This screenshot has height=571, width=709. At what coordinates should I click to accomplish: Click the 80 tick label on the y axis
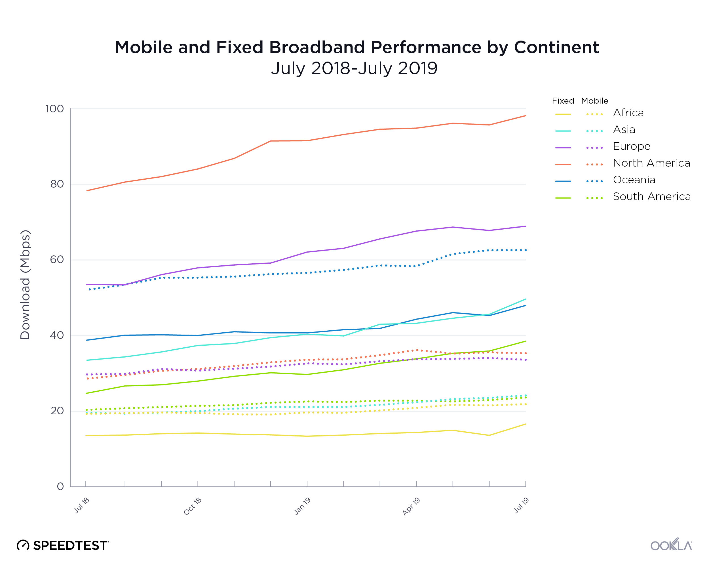(x=57, y=184)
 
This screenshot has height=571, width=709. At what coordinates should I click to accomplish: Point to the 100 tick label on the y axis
(x=54, y=109)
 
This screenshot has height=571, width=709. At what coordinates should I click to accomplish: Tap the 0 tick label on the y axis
(x=60, y=486)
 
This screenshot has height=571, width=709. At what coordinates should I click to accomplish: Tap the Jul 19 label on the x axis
(x=521, y=505)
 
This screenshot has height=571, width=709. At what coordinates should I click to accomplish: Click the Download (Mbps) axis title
(x=25, y=285)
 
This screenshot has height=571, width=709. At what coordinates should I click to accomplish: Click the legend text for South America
(x=651, y=196)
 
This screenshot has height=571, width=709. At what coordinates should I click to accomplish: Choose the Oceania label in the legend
(x=634, y=180)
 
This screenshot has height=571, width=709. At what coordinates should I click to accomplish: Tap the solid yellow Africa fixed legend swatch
(x=563, y=114)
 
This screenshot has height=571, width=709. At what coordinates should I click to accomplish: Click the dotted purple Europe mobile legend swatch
(x=594, y=148)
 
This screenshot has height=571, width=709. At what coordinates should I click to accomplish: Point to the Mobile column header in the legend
(x=594, y=101)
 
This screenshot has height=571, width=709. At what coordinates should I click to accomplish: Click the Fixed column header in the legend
(x=563, y=101)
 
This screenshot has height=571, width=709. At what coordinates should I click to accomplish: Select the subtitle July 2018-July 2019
(x=354, y=68)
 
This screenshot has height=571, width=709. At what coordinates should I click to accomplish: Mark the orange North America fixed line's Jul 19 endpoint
(x=526, y=116)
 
